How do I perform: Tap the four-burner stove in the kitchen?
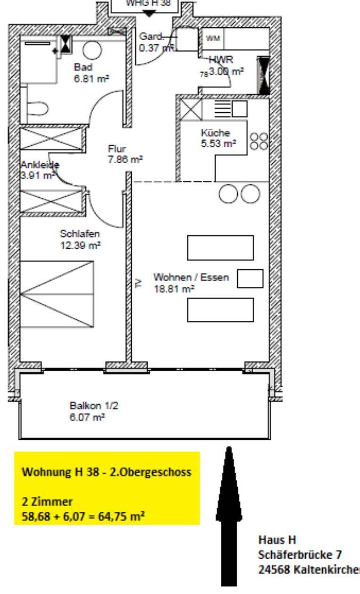point(259,141)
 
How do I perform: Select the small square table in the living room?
point(250,278)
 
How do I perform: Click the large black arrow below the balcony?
point(229,514)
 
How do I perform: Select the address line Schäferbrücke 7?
point(300,554)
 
